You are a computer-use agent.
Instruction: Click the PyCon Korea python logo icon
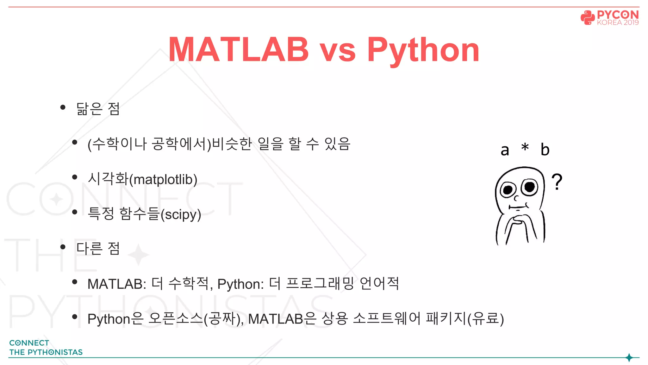click(x=587, y=17)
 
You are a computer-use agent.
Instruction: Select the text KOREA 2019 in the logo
click(x=618, y=22)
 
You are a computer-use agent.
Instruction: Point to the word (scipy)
click(x=181, y=215)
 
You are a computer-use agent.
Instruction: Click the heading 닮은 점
click(x=98, y=109)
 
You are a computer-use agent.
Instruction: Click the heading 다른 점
click(x=98, y=248)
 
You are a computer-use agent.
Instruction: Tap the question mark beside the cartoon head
click(x=557, y=181)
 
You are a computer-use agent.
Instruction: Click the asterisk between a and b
click(x=525, y=148)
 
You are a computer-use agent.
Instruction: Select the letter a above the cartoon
click(x=505, y=150)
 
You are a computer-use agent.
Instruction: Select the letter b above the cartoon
click(x=545, y=150)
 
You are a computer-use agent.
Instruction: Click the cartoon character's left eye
click(x=508, y=190)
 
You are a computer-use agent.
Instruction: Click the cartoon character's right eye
click(x=529, y=187)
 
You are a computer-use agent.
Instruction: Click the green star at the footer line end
click(x=629, y=358)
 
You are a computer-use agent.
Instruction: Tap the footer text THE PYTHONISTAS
click(x=46, y=352)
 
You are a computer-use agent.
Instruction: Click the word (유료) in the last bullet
click(x=486, y=319)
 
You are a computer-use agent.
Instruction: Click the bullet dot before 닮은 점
click(x=63, y=107)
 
